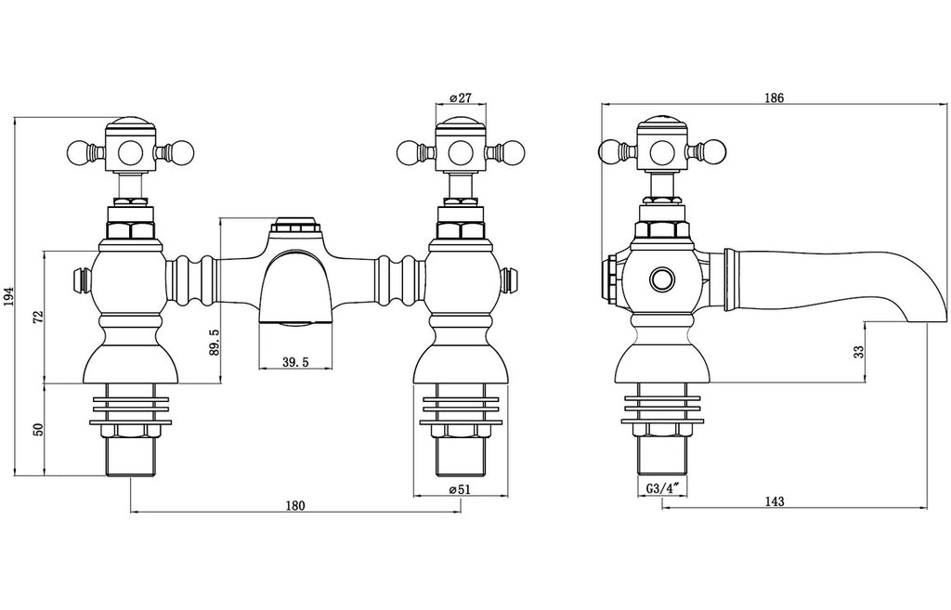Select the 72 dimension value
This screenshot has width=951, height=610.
(x=38, y=317)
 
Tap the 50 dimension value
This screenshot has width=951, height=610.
(x=38, y=429)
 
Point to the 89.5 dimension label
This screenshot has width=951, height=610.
(x=215, y=342)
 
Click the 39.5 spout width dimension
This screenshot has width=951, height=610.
(x=295, y=362)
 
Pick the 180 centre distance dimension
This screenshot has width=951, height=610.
(x=295, y=506)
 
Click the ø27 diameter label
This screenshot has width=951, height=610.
(x=461, y=97)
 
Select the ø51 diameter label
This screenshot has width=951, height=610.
(x=460, y=490)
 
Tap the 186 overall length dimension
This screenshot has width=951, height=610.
(x=775, y=97)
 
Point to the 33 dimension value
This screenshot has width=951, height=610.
(x=859, y=352)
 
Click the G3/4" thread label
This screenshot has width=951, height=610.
(x=661, y=488)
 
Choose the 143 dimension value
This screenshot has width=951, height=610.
(x=775, y=501)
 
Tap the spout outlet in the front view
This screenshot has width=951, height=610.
(x=295, y=322)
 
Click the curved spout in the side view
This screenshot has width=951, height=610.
(x=831, y=283)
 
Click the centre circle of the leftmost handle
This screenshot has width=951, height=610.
(x=129, y=150)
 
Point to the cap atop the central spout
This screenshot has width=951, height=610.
(x=295, y=225)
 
